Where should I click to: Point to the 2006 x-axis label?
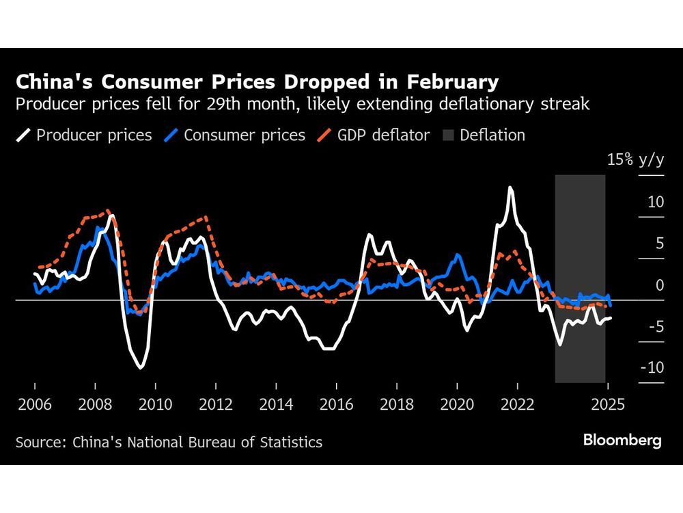point(34,404)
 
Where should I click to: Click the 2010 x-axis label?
point(154,404)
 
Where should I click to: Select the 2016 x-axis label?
point(335,404)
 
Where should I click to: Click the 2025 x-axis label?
point(608,404)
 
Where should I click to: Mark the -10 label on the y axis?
point(653,368)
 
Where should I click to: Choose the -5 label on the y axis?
point(656,327)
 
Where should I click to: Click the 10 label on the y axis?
point(656,202)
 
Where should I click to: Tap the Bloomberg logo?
point(622,440)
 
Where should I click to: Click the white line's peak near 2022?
point(509,187)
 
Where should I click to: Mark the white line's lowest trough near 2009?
point(141,368)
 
